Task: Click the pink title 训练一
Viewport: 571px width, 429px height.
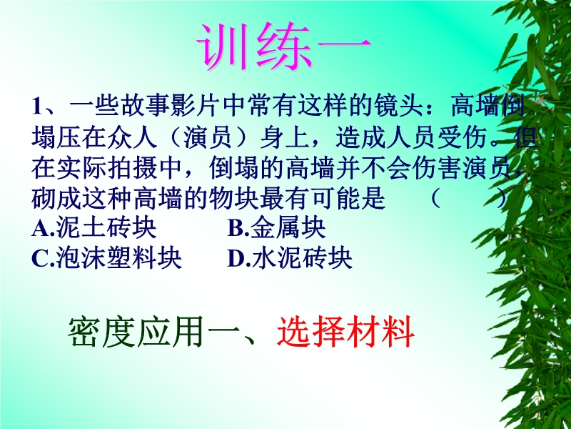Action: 284,46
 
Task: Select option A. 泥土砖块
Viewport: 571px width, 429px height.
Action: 94,228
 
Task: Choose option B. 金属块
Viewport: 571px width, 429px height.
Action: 276,228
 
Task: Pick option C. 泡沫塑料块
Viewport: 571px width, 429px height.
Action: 106,258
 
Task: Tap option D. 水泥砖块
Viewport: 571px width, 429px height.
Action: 290,258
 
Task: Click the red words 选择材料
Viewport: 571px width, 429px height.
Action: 345,332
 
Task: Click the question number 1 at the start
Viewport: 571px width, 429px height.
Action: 38,106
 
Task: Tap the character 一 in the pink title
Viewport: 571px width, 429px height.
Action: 345,46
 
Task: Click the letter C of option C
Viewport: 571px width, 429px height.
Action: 39,260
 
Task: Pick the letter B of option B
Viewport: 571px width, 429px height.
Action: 235,228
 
